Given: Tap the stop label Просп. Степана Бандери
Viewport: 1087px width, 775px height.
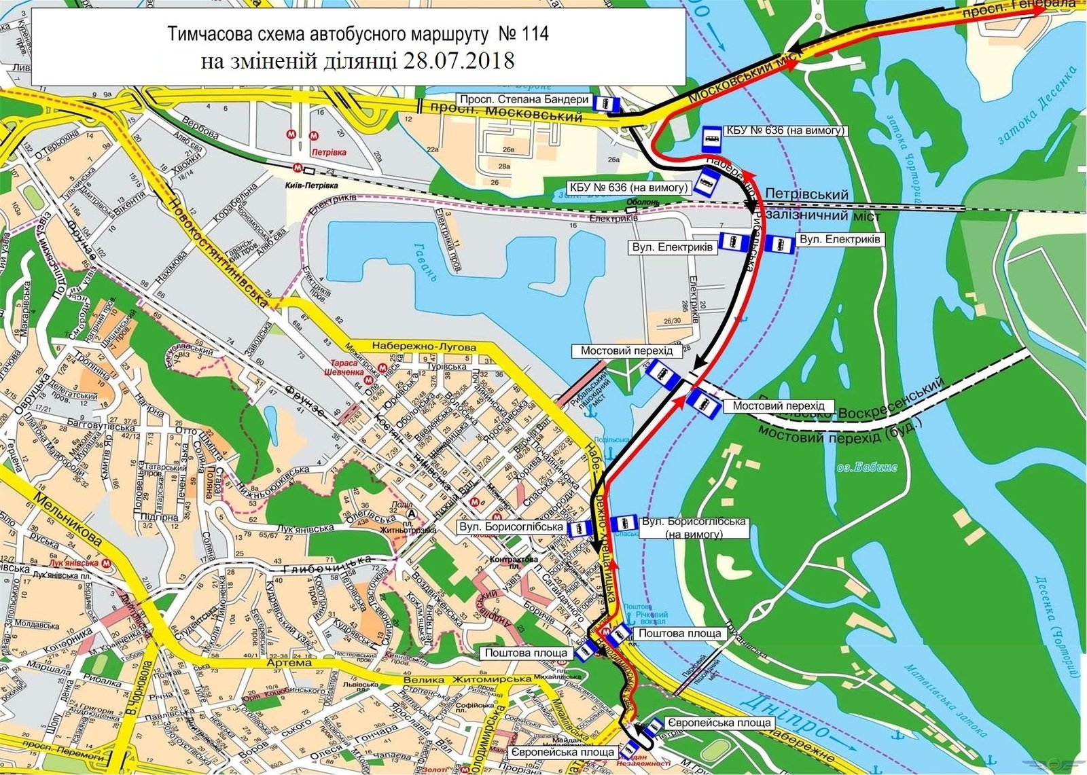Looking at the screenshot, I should tap(523, 99).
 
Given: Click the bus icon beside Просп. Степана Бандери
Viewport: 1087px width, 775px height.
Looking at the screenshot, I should tap(606, 103).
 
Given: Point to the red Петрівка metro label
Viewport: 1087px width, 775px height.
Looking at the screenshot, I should tap(325, 154).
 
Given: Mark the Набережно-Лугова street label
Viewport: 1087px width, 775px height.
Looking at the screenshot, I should tap(424, 346).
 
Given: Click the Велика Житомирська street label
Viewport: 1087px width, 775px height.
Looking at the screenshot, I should tap(466, 680).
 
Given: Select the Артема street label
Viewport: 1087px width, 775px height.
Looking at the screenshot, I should tap(289, 662).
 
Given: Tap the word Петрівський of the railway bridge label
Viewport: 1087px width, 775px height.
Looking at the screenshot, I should tap(806, 195).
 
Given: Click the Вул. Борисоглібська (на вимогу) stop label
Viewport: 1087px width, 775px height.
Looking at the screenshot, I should tap(694, 527).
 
